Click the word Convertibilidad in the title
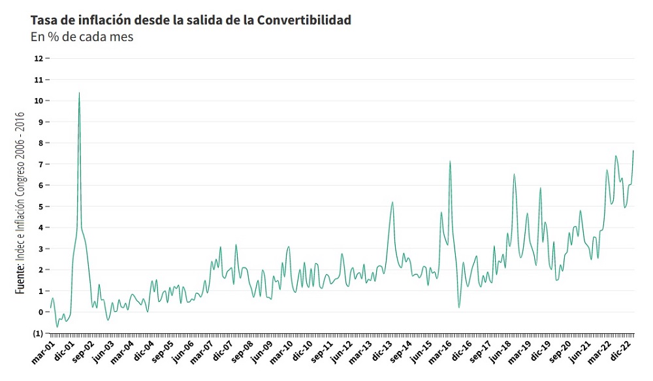(304, 20)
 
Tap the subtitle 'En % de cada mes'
(82, 37)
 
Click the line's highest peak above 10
(79, 93)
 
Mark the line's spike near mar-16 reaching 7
(450, 161)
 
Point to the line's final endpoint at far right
(633, 151)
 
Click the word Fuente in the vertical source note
(20, 278)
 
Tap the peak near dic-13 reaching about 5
(392, 202)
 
